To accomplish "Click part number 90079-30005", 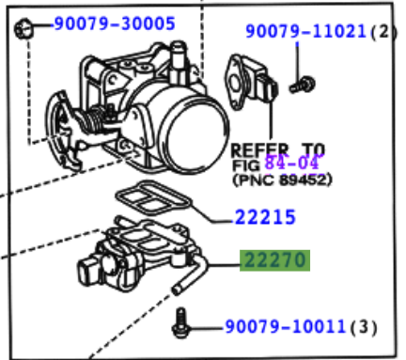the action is pyautogui.click(x=115, y=24).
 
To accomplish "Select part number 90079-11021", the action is pyautogui.click(x=306, y=31).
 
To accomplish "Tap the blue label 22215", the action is pyautogui.click(x=265, y=217).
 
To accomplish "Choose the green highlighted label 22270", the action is pyautogui.click(x=274, y=260).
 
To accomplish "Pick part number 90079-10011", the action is pyautogui.click(x=286, y=326).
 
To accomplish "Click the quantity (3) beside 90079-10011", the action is pyautogui.click(x=364, y=327).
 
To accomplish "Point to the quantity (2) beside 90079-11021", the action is pyautogui.click(x=384, y=32).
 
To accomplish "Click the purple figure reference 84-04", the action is pyautogui.click(x=291, y=163).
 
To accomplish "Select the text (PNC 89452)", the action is pyautogui.click(x=282, y=180).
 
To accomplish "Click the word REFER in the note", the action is pyautogui.click(x=259, y=149).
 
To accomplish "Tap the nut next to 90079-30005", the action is pyautogui.click(x=23, y=29).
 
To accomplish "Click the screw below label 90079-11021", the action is pyautogui.click(x=302, y=85).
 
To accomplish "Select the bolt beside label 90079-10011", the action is pyautogui.click(x=181, y=323).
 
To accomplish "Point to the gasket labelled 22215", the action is pyautogui.click(x=153, y=198).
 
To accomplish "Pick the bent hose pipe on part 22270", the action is pyautogui.click(x=190, y=275).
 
